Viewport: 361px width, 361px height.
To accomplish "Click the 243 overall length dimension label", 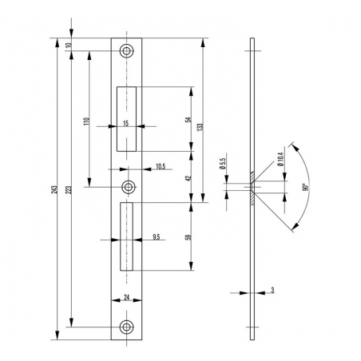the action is click(54, 189).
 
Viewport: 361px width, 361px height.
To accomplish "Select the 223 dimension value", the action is click(69, 189).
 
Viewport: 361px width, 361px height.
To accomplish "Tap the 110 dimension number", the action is click(86, 121).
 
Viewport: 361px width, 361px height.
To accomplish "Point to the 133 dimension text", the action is click(200, 126).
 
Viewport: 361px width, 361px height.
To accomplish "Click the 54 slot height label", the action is click(188, 120).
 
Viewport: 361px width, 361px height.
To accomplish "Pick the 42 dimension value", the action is click(188, 178).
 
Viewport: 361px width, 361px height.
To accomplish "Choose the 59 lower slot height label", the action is click(188, 237).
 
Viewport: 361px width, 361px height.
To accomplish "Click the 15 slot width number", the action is click(126, 123).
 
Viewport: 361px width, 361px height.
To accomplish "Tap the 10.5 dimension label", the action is click(161, 167).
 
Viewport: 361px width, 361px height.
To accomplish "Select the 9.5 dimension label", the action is click(157, 236).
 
